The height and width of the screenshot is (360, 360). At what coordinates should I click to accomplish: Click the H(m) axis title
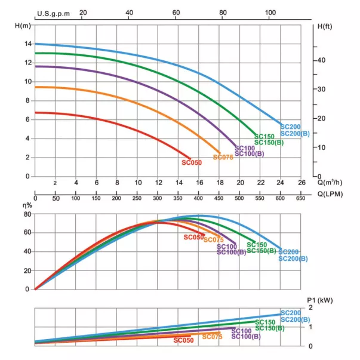click(x=22, y=26)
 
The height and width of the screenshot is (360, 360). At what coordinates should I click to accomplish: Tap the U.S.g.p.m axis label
click(x=52, y=13)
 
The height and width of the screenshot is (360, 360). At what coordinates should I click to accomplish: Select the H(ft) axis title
click(x=325, y=26)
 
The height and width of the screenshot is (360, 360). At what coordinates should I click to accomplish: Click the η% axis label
click(x=27, y=204)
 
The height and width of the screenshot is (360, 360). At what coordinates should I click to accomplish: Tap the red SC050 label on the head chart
click(x=192, y=162)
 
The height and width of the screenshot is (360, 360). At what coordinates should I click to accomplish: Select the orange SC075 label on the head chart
click(x=223, y=158)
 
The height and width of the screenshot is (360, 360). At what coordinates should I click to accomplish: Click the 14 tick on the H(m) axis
click(x=27, y=44)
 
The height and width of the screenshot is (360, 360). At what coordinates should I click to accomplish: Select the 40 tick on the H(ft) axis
click(x=321, y=61)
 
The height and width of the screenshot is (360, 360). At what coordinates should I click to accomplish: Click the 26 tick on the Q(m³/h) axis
click(x=301, y=183)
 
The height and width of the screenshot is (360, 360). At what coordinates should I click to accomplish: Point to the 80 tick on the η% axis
click(x=27, y=214)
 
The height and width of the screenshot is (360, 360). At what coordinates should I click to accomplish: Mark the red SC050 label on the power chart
click(x=184, y=340)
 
